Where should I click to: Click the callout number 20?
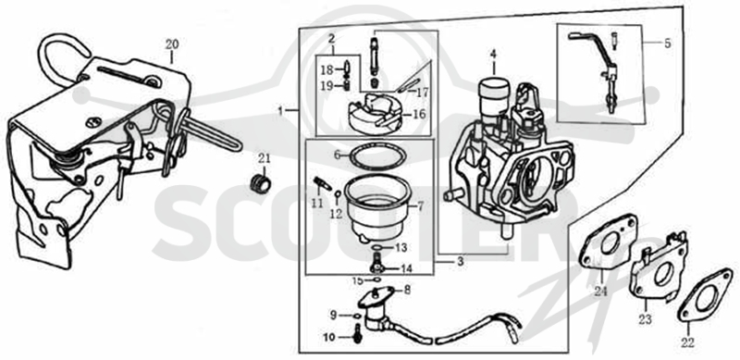tap(171, 44)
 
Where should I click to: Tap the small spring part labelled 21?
tap(260, 183)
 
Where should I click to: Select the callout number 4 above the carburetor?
tap(493, 55)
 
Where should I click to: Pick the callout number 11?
tap(316, 204)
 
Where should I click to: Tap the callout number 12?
tap(336, 214)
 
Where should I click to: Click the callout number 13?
tap(401, 248)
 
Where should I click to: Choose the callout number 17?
tap(423, 93)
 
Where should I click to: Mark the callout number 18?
tap(327, 71)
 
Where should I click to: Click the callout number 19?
tap(327, 86)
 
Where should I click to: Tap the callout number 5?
tap(667, 43)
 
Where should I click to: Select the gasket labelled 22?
tap(705, 295)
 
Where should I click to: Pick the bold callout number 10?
tap(328, 337)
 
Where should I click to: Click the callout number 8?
tap(407, 290)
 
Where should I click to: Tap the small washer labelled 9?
tap(357, 316)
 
